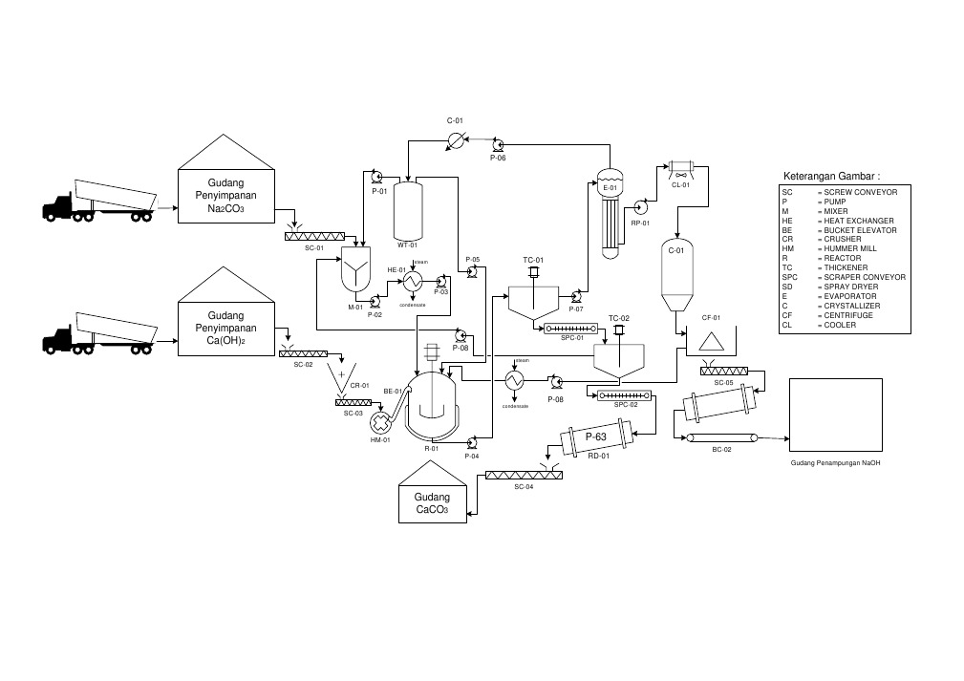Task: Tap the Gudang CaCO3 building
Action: click(x=432, y=500)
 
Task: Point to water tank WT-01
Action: click(x=408, y=210)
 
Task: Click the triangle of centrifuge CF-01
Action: click(x=710, y=342)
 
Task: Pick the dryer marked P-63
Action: click(x=597, y=439)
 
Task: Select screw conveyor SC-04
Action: click(x=522, y=475)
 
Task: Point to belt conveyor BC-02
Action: click(x=722, y=438)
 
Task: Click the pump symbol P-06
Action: click(x=498, y=145)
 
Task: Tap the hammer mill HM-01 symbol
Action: click(x=382, y=421)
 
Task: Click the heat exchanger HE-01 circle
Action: click(x=414, y=282)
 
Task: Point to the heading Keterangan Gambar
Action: click(x=831, y=177)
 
